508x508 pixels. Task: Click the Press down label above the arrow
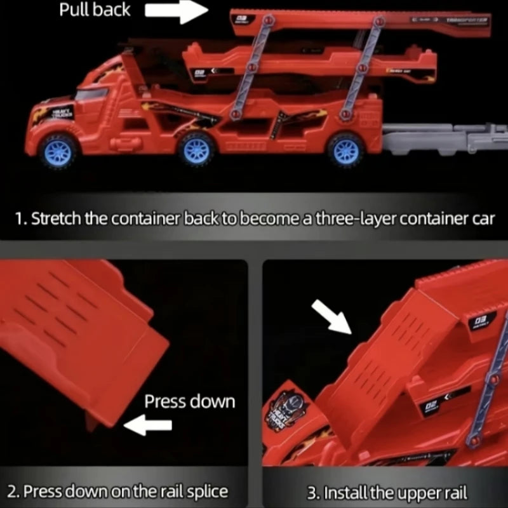pyautogui.click(x=189, y=401)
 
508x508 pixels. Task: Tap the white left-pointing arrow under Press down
pyautogui.click(x=147, y=426)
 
